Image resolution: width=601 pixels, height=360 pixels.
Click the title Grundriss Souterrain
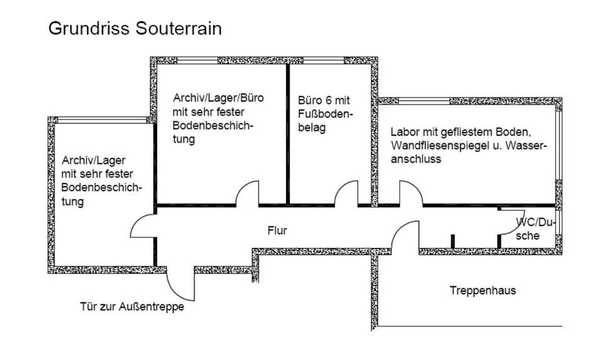point(135,29)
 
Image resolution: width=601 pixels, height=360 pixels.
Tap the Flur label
point(277,231)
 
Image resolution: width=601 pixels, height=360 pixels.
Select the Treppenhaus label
point(483,291)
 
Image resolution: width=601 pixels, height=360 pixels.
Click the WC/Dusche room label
point(534,229)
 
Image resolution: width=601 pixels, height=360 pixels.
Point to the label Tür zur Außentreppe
point(132,307)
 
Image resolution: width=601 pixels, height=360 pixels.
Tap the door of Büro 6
point(346,194)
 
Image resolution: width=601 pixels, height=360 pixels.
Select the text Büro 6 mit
point(324,101)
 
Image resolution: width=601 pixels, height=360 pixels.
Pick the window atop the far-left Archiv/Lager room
point(100,120)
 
